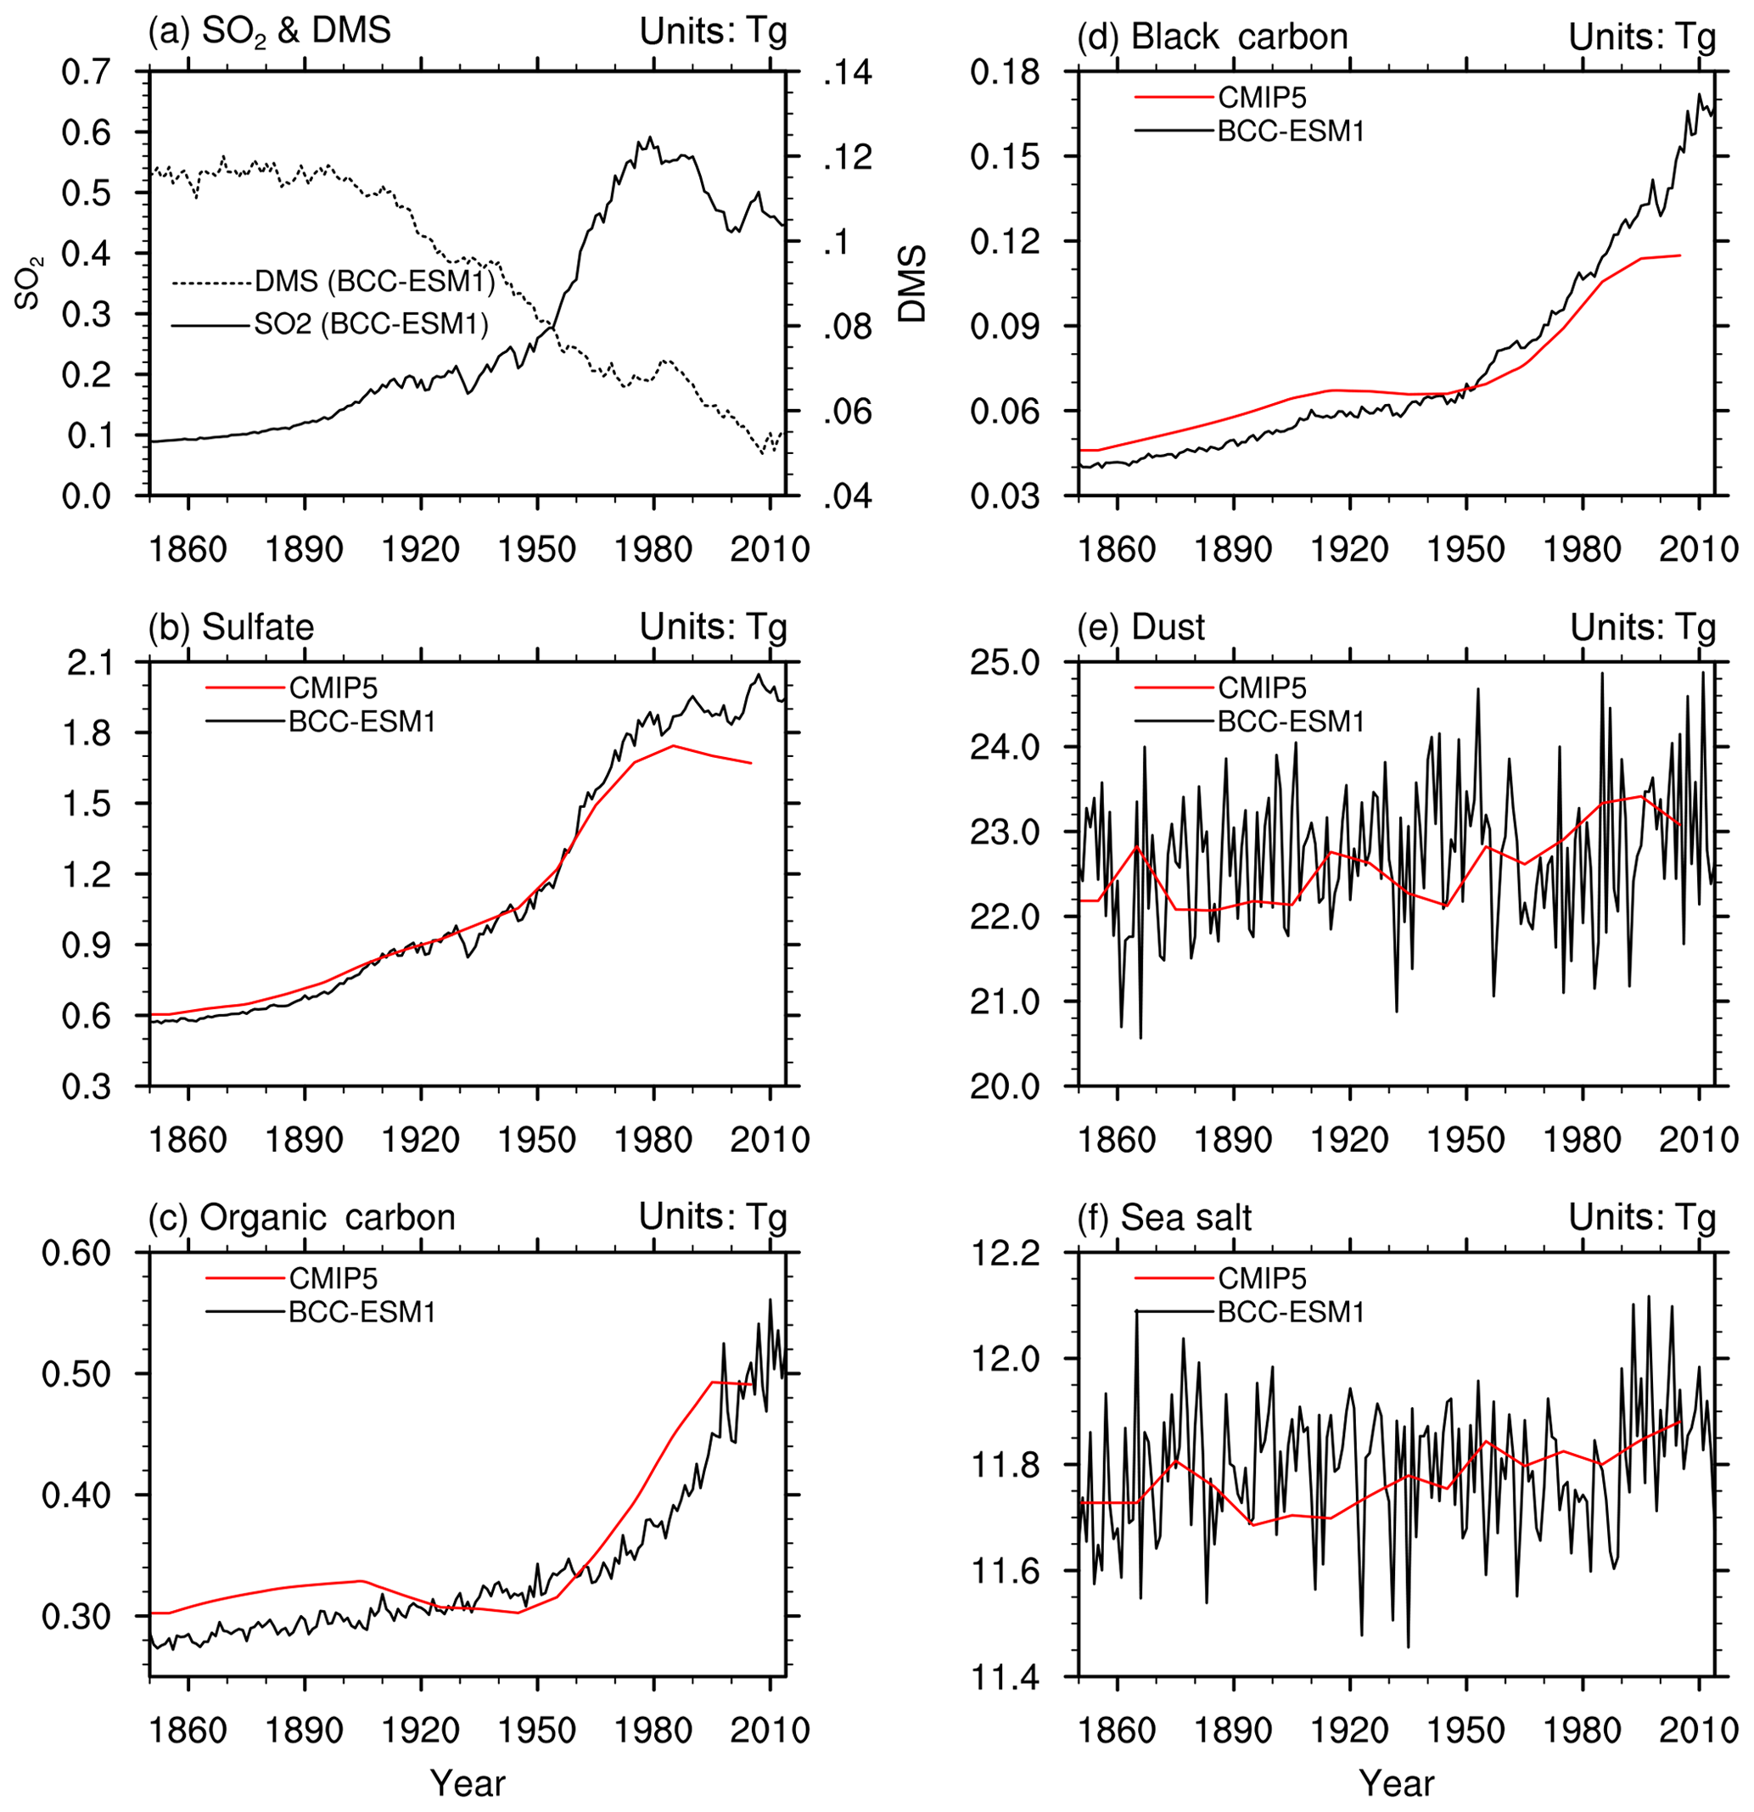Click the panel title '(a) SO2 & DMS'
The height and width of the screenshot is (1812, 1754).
(x=269, y=31)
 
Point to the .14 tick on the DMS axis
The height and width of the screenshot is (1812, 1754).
(x=847, y=72)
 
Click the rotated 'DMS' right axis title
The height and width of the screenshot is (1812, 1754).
(x=912, y=283)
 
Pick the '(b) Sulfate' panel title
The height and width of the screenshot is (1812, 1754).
(x=231, y=627)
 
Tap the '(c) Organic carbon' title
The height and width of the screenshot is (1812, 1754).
(x=301, y=1217)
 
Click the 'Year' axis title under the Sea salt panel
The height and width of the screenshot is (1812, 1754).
(x=1397, y=1783)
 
